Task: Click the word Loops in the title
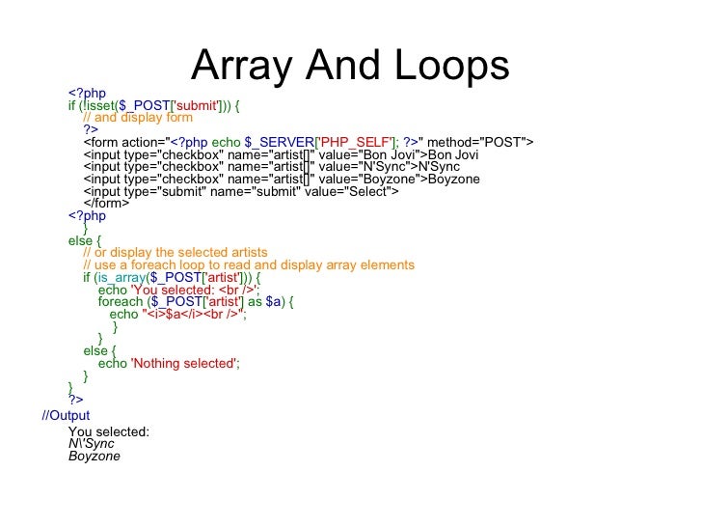click(x=453, y=66)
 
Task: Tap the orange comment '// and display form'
click(x=138, y=118)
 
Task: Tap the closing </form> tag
click(x=104, y=204)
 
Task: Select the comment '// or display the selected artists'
click(x=175, y=253)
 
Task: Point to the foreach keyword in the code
click(x=121, y=301)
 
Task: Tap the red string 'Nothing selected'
click(x=183, y=363)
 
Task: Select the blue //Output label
click(x=66, y=415)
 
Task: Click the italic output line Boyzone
click(x=94, y=456)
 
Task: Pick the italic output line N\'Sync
click(x=92, y=444)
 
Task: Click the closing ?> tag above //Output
click(x=75, y=399)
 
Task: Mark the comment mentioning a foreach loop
click(x=249, y=264)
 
